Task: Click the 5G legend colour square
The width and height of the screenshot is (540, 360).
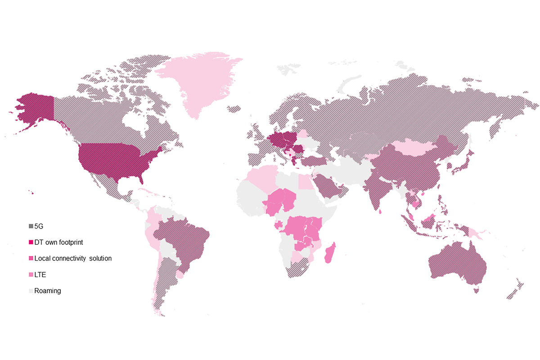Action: point(31,226)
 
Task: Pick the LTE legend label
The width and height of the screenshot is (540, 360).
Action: point(40,274)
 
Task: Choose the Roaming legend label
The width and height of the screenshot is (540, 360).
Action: point(47,291)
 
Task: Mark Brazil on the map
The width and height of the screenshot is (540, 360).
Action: point(184,238)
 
